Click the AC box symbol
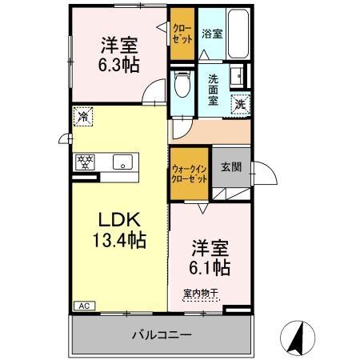[82, 306]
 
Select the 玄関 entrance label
[231, 166]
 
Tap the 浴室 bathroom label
[212, 34]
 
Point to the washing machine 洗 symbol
[241, 103]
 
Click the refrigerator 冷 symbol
[83, 117]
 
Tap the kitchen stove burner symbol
[82, 161]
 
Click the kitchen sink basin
[122, 161]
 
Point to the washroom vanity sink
[239, 78]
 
